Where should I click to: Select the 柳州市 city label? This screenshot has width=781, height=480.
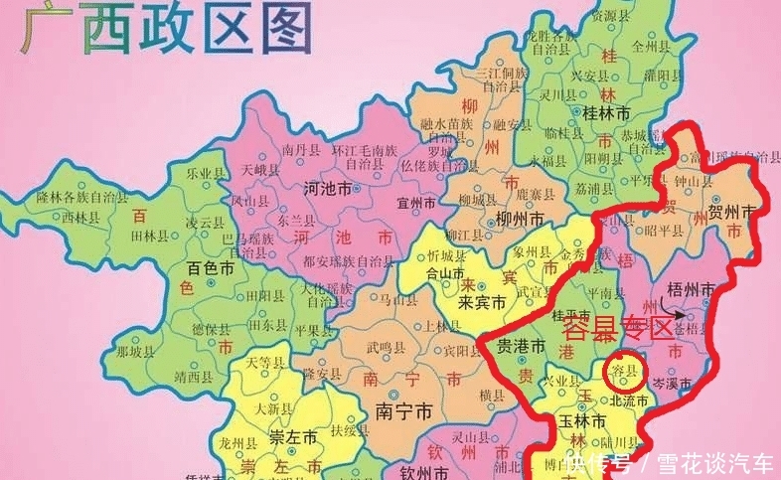(519, 219)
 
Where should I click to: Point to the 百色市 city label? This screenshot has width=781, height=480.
(212, 269)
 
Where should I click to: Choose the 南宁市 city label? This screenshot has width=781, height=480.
(400, 409)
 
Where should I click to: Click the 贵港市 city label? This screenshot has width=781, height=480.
(521, 347)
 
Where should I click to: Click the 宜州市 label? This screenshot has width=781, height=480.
(415, 203)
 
